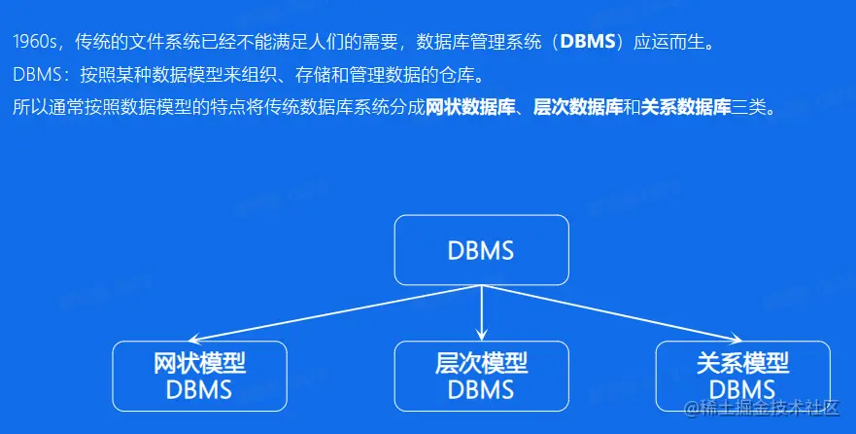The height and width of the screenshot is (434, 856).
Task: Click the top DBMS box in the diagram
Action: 482,250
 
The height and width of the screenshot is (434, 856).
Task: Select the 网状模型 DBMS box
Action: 200,376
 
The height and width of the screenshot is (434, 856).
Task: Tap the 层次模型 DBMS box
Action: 482,376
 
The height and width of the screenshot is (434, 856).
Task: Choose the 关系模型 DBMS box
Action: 743,376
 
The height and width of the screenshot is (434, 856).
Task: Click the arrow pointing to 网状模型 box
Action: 335,313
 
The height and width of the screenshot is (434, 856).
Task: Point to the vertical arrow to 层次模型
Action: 482,313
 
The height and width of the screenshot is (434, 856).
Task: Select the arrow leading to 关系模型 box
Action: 612,313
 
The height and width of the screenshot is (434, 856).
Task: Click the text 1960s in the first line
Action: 35,42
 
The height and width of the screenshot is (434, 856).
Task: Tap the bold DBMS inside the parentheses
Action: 588,42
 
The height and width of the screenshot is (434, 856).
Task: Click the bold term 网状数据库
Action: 470,107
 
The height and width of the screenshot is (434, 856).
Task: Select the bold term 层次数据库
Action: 578,107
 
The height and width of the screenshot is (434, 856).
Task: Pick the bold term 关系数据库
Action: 686,107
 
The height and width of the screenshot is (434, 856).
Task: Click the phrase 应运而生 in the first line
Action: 669,42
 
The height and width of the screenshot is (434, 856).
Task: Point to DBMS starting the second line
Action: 37,75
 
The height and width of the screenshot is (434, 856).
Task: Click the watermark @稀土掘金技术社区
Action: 762,408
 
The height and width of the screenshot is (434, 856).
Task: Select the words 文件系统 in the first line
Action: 164,42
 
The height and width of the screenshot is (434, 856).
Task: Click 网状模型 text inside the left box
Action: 200,364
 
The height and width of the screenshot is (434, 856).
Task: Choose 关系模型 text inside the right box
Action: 743,364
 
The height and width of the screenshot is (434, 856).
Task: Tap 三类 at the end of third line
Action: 749,107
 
